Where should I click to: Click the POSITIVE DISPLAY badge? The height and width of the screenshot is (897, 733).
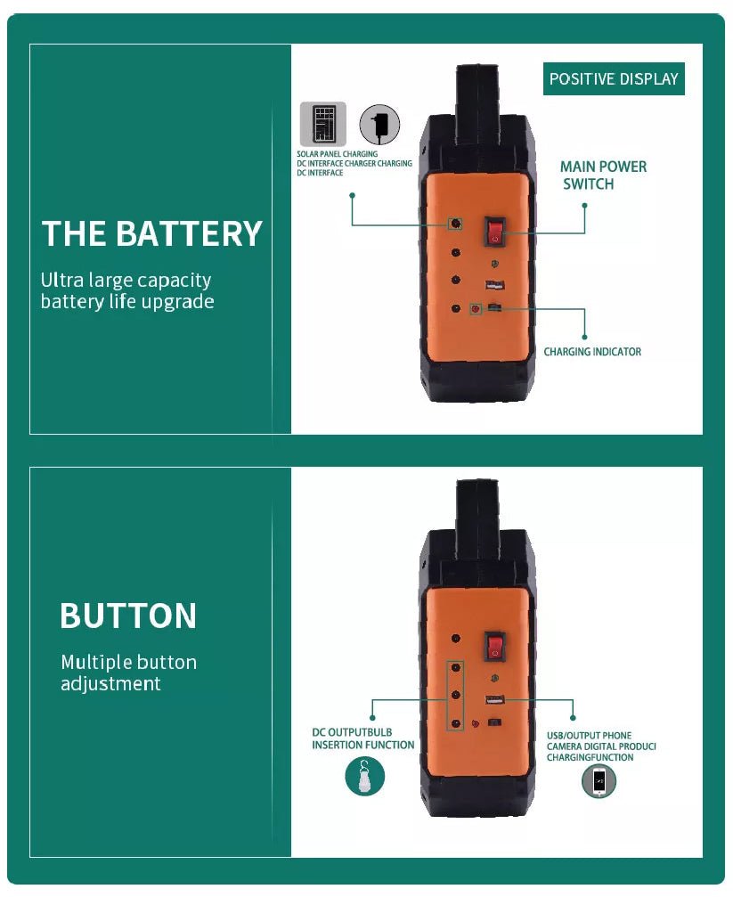coord(614,79)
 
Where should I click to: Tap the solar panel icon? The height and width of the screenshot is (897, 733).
coord(323,124)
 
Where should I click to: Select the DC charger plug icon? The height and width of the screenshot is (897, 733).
coord(379,124)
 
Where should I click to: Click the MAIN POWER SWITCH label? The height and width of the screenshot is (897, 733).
coord(603,175)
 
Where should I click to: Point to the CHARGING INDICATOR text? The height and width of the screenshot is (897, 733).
coord(592,352)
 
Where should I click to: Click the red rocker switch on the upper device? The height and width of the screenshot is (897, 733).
coord(495,231)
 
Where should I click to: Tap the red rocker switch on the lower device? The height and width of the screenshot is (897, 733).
coord(495,646)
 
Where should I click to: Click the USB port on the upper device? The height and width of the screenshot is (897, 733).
coord(495,285)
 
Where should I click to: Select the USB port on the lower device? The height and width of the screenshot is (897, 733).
coord(495,699)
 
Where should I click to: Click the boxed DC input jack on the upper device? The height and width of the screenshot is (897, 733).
coord(455,223)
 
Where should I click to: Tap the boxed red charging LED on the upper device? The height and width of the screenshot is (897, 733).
coord(476,309)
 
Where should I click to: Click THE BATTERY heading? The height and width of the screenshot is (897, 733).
coord(152,233)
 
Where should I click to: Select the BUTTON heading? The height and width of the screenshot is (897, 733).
coord(128,616)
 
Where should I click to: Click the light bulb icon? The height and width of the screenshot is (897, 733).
coord(364,776)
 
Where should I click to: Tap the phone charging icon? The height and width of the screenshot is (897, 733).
coord(599,781)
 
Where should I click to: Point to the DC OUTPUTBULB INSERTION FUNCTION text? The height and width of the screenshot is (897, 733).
coord(362,738)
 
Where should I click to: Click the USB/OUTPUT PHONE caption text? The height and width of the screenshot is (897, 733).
coord(601,746)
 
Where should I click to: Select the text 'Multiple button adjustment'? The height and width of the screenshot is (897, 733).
coord(129,673)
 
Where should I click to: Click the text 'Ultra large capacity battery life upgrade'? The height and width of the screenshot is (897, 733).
coord(127,290)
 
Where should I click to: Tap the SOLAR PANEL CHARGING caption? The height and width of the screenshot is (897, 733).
coord(337,154)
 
